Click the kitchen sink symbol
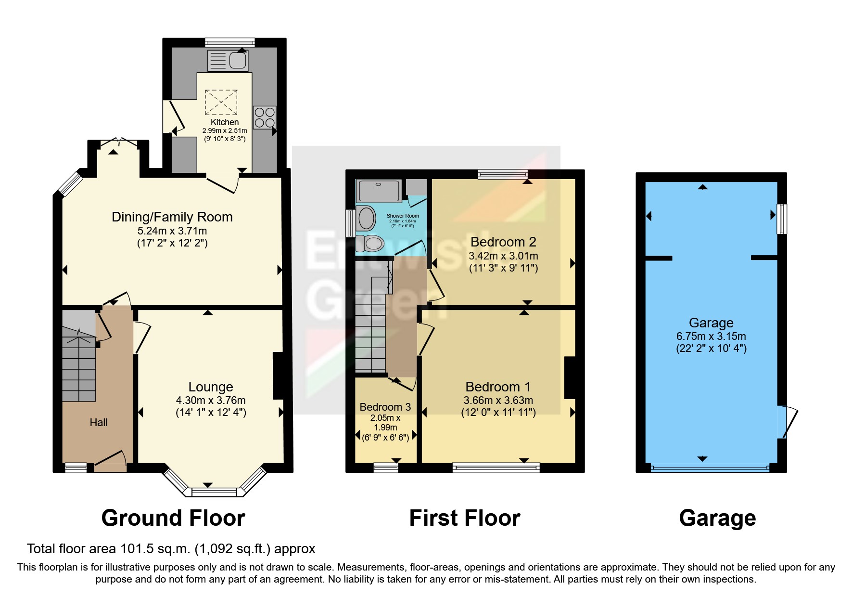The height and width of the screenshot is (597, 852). click(x=228, y=61)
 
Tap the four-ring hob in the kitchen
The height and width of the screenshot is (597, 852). click(x=265, y=117)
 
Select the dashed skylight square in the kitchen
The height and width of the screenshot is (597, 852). click(x=221, y=102)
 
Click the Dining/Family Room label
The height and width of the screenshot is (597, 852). click(x=172, y=217)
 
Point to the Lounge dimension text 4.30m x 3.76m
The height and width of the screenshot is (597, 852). click(x=211, y=400)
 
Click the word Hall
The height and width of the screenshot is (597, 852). click(x=99, y=423)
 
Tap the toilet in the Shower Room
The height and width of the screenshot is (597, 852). click(x=371, y=244)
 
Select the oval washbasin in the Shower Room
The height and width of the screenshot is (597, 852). click(x=367, y=219)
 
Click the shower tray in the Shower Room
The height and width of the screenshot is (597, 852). click(x=379, y=191)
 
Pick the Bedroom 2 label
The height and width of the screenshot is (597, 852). click(x=503, y=242)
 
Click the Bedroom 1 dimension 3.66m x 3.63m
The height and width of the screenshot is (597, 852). click(x=498, y=400)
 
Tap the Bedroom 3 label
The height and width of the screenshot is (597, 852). click(x=385, y=407)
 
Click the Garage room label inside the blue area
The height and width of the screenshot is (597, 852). click(x=711, y=323)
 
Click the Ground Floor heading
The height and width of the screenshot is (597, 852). click(x=173, y=518)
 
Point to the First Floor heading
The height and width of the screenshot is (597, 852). click(x=465, y=518)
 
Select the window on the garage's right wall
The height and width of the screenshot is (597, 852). click(x=782, y=219)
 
